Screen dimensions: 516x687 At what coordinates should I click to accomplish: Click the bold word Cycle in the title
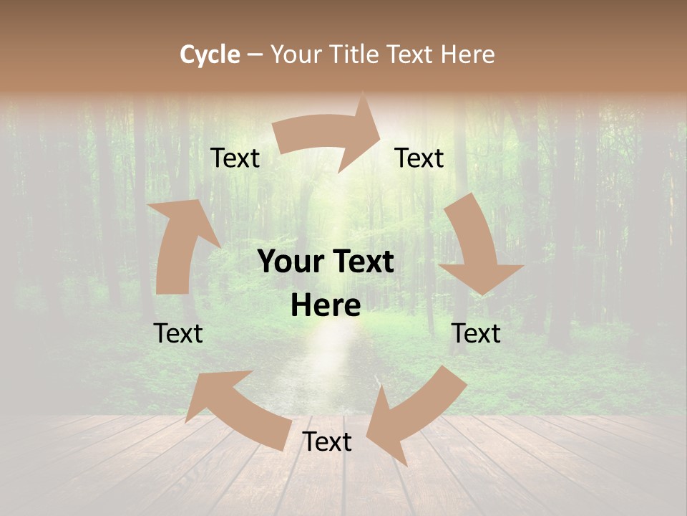(210, 54)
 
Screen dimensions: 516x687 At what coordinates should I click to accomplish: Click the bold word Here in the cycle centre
(326, 306)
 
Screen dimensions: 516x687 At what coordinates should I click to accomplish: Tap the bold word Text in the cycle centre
(361, 262)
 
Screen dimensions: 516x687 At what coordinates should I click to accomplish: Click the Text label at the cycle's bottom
(327, 441)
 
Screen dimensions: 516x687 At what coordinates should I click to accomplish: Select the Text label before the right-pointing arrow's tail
(235, 158)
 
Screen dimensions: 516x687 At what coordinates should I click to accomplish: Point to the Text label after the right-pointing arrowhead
(419, 158)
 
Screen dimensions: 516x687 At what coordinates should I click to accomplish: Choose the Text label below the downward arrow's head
(477, 333)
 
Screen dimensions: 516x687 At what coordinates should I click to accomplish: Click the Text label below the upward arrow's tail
(178, 333)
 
